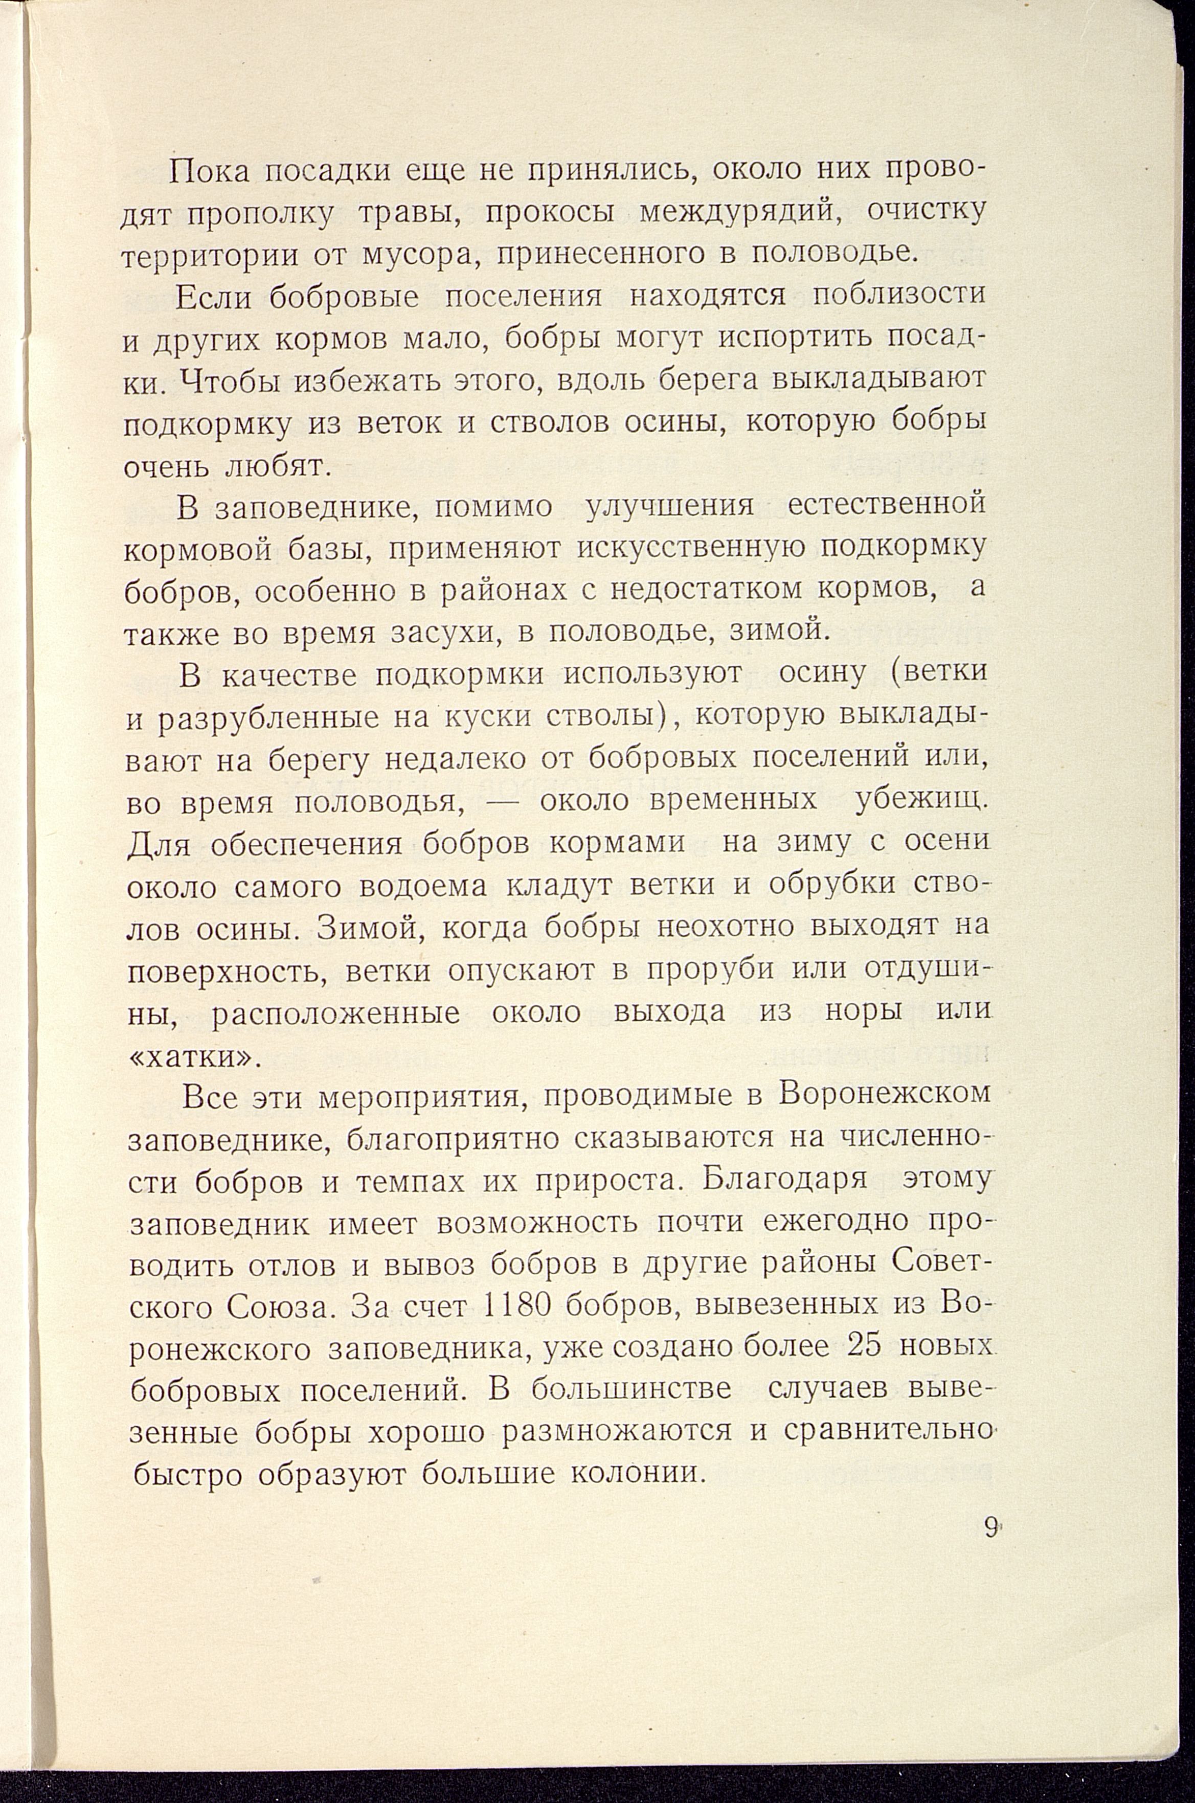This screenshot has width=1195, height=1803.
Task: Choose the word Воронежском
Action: click(x=885, y=1095)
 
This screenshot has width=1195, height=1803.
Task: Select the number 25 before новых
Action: click(x=864, y=1347)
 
